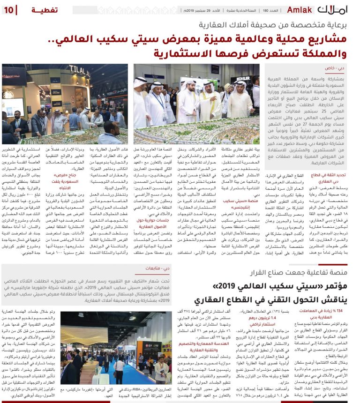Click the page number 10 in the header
(x=10, y=9)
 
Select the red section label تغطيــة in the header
(x=45, y=9)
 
